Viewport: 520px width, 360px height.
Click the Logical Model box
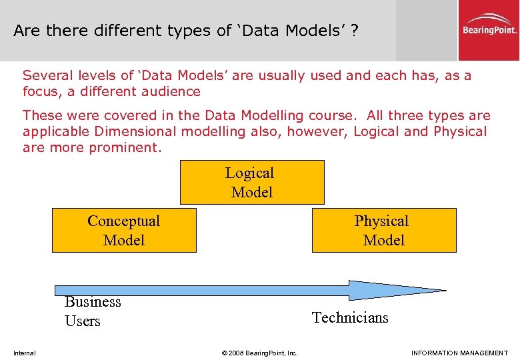pyautogui.click(x=252, y=182)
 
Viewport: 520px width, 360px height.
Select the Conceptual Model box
pyautogui.click(x=124, y=230)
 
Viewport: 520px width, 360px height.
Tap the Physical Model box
pyautogui.click(x=384, y=230)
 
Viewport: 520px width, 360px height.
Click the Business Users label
pyautogui.click(x=93, y=311)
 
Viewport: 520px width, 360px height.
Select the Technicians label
pyautogui.click(x=350, y=317)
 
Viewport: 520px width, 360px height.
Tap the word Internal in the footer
pyautogui.click(x=25, y=353)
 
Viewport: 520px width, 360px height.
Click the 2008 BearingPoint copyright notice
pyautogui.click(x=259, y=353)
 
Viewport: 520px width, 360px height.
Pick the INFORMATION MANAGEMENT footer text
pyautogui.click(x=459, y=353)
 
